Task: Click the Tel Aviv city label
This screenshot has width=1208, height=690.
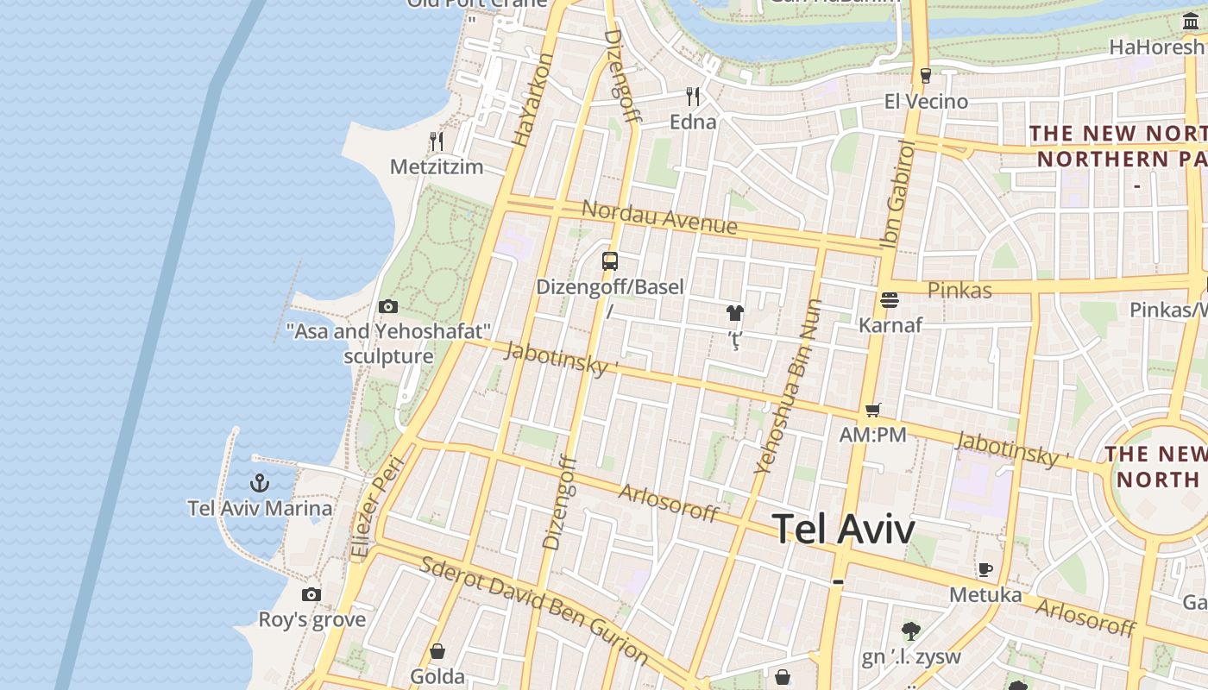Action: click(x=843, y=528)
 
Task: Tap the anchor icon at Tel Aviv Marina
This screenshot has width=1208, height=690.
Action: click(x=260, y=483)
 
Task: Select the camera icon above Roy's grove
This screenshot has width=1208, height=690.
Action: click(x=311, y=594)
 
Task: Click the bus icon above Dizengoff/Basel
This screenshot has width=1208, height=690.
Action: click(x=610, y=260)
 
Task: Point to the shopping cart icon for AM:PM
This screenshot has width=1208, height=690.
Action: click(x=873, y=410)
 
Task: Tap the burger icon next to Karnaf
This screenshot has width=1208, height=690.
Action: click(x=890, y=300)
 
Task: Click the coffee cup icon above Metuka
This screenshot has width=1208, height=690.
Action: click(x=985, y=569)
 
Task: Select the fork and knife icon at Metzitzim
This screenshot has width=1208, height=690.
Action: click(x=437, y=141)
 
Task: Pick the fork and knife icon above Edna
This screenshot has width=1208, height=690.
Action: click(x=693, y=96)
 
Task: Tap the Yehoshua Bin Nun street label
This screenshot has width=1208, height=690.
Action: click(x=789, y=386)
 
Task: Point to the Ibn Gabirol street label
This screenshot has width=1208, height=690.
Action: click(x=897, y=195)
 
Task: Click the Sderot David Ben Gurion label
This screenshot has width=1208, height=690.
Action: click(x=534, y=610)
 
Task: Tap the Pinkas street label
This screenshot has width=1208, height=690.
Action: click(x=959, y=290)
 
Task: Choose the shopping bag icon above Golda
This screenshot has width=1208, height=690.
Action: click(x=437, y=651)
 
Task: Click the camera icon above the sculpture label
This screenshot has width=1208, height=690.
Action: click(x=388, y=306)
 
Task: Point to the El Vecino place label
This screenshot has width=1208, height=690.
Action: click(x=926, y=102)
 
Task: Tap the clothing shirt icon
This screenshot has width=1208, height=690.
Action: click(x=734, y=313)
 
